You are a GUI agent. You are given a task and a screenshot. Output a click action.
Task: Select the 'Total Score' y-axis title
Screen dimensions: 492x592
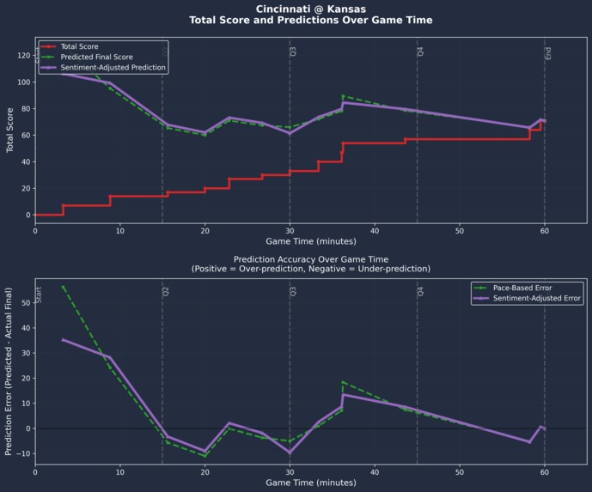tap(9, 130)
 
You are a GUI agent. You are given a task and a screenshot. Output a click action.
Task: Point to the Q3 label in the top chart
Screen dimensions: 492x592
tap(293, 52)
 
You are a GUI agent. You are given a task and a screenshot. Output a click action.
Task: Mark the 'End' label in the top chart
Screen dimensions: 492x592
tap(548, 53)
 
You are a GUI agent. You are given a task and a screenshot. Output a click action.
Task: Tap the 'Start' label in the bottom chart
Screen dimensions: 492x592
tap(39, 295)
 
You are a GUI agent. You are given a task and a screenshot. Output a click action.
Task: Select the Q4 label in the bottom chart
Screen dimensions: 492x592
tap(421, 292)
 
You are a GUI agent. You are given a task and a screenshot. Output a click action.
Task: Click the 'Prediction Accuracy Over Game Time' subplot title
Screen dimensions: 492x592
tap(310, 258)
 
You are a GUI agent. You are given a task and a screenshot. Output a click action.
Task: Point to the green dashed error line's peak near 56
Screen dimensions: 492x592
tap(64, 287)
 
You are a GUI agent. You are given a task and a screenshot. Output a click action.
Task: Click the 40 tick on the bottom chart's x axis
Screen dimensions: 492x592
tap(375, 471)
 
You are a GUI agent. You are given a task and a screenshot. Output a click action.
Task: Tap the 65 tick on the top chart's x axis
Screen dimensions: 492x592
tap(587, 229)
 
